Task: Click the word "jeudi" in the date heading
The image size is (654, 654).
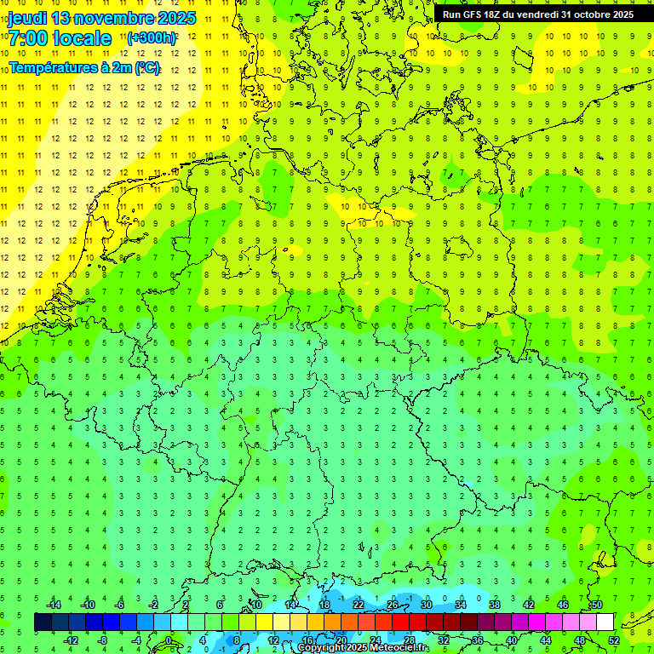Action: pyautogui.click(x=27, y=18)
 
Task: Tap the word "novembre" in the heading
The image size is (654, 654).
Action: pyautogui.click(x=119, y=18)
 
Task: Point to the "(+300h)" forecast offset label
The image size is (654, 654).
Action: pyautogui.click(x=152, y=38)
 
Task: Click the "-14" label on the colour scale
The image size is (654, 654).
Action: pyautogui.click(x=53, y=605)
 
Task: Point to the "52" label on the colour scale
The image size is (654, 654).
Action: pyautogui.click(x=614, y=640)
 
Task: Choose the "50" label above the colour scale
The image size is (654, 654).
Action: pyautogui.click(x=596, y=605)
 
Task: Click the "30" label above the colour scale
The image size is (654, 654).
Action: pyautogui.click(x=426, y=605)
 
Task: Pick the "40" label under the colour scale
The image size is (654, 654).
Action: pyautogui.click(x=511, y=640)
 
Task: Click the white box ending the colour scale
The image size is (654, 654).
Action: pyautogui.click(x=605, y=622)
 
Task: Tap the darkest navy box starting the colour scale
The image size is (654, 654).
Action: pyautogui.click(x=43, y=622)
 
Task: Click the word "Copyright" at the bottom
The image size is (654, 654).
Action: pyautogui.click(x=322, y=648)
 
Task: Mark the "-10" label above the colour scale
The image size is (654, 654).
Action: pyautogui.click(x=87, y=605)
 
